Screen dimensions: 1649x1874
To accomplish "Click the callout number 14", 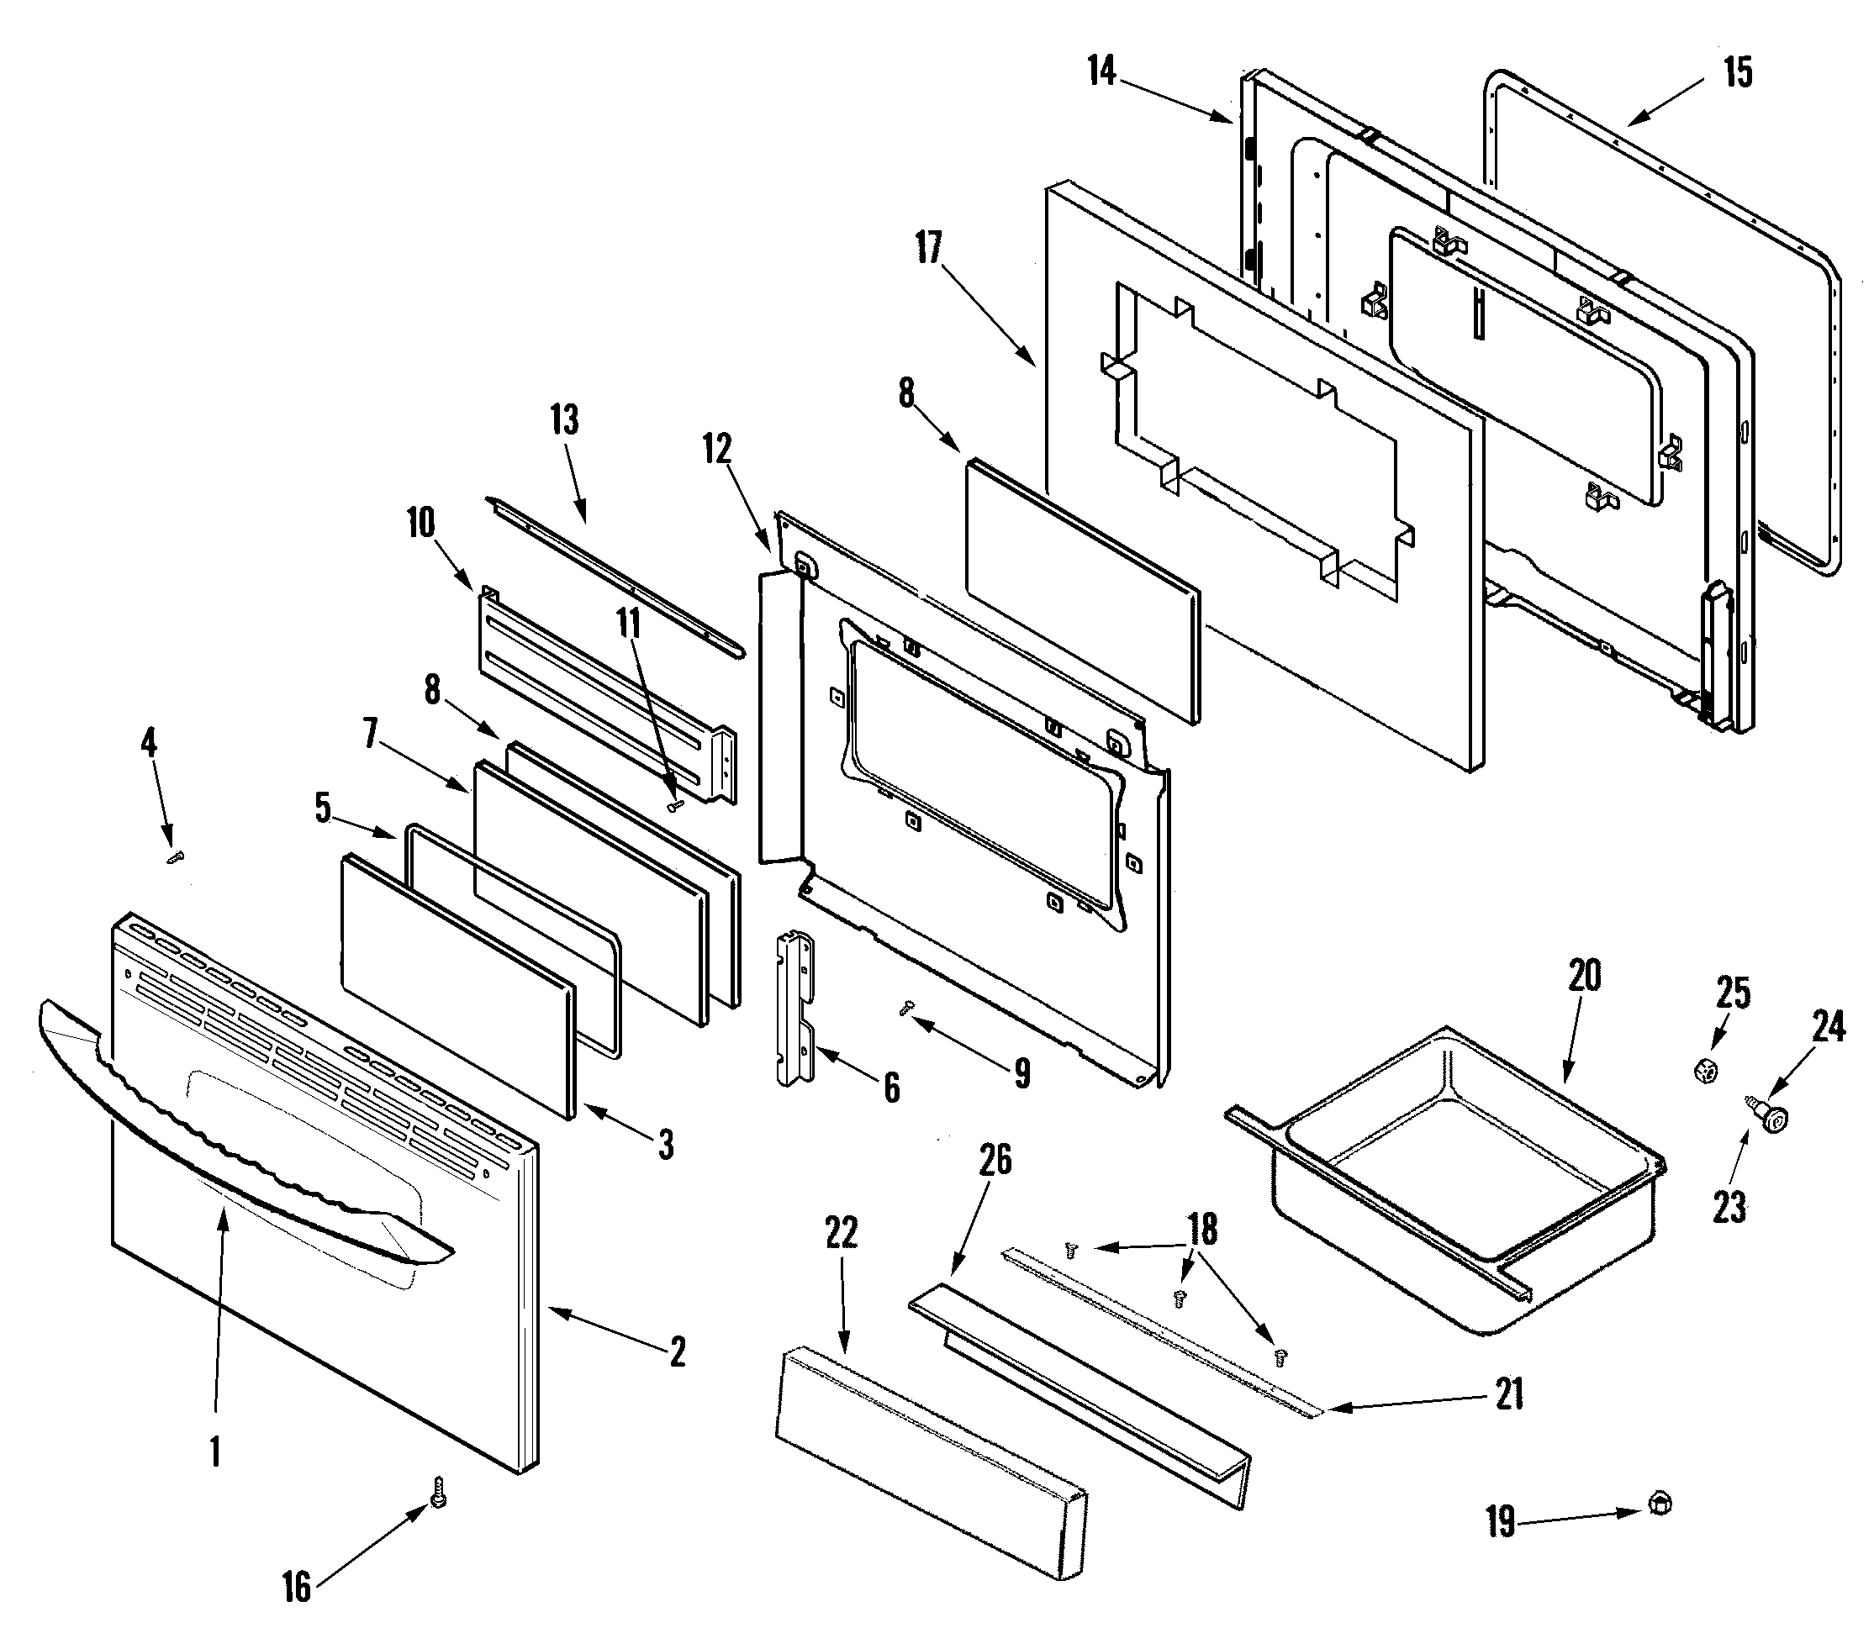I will click(x=1101, y=71).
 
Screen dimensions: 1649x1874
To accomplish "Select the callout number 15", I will click(x=1738, y=72).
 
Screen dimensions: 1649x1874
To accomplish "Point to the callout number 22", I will click(x=841, y=1233).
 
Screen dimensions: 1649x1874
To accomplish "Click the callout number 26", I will click(x=995, y=1161).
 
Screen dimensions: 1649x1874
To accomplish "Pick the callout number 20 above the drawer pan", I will click(x=1584, y=975).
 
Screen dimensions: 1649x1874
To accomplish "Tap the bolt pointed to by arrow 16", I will click(x=439, y=1493).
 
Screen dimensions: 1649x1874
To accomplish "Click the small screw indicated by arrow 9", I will click(x=907, y=1008).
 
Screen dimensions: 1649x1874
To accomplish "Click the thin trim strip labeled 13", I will click(x=615, y=577).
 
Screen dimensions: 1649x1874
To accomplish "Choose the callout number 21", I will click(x=1508, y=1394).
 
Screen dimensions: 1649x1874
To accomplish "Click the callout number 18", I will click(x=1202, y=1230).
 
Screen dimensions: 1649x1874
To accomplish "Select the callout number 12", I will click(x=717, y=449).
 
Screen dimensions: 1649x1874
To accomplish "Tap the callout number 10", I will click(x=421, y=524).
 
